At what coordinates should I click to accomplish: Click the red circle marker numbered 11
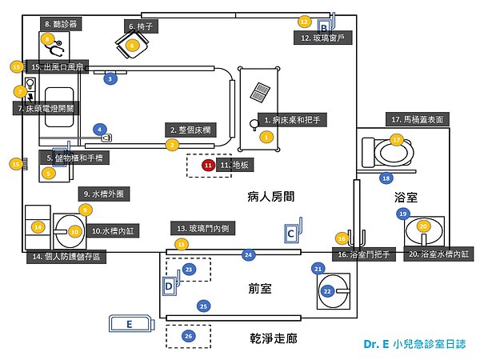pyautogui.click(x=209, y=165)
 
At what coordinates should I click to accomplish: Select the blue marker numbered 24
pyautogui.click(x=249, y=254)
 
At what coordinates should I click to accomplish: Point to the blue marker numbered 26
pyautogui.click(x=189, y=335)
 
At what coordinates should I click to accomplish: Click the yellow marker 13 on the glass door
pyautogui.click(x=182, y=243)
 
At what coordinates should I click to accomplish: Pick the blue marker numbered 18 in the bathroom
pyautogui.click(x=386, y=178)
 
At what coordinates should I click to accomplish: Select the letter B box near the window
pyautogui.click(x=325, y=26)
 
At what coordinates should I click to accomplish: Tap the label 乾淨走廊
pyautogui.click(x=273, y=338)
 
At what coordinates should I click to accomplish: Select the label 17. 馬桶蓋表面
pyautogui.click(x=418, y=118)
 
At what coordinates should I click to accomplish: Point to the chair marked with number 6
pyautogui.click(x=132, y=46)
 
